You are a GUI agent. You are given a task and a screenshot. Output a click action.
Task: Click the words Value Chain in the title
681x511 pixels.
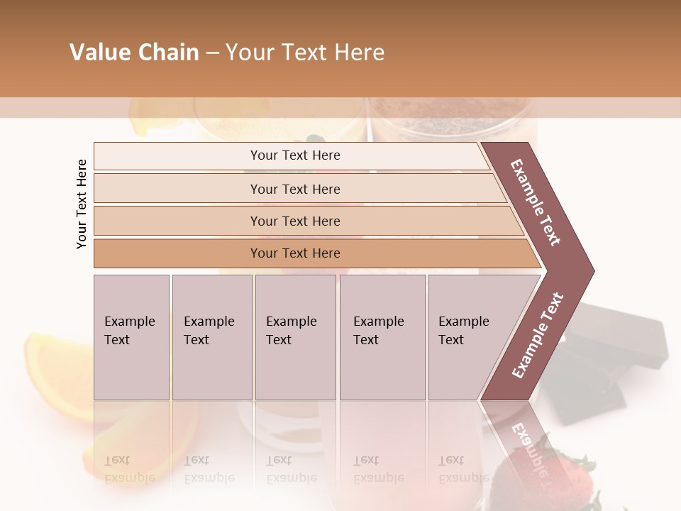[134, 53]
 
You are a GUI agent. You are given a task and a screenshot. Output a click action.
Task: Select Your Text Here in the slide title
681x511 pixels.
[305, 53]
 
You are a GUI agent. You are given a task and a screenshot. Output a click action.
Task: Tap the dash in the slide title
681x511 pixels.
[212, 53]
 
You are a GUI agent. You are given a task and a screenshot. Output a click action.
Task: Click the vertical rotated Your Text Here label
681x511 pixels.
[82, 204]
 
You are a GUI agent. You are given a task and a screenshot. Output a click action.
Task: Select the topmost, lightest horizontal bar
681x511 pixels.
[291, 156]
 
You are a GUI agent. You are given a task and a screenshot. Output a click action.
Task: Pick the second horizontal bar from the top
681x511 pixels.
[295, 189]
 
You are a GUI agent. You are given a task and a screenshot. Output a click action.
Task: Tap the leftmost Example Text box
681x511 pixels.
[131, 337]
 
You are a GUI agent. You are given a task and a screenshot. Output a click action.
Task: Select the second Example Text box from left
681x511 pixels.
[211, 337]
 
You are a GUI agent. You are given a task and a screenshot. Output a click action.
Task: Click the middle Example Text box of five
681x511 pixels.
[295, 337]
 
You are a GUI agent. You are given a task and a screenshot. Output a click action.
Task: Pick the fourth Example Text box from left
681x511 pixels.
[382, 337]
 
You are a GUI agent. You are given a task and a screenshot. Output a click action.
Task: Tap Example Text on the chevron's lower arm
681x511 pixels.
[538, 335]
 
